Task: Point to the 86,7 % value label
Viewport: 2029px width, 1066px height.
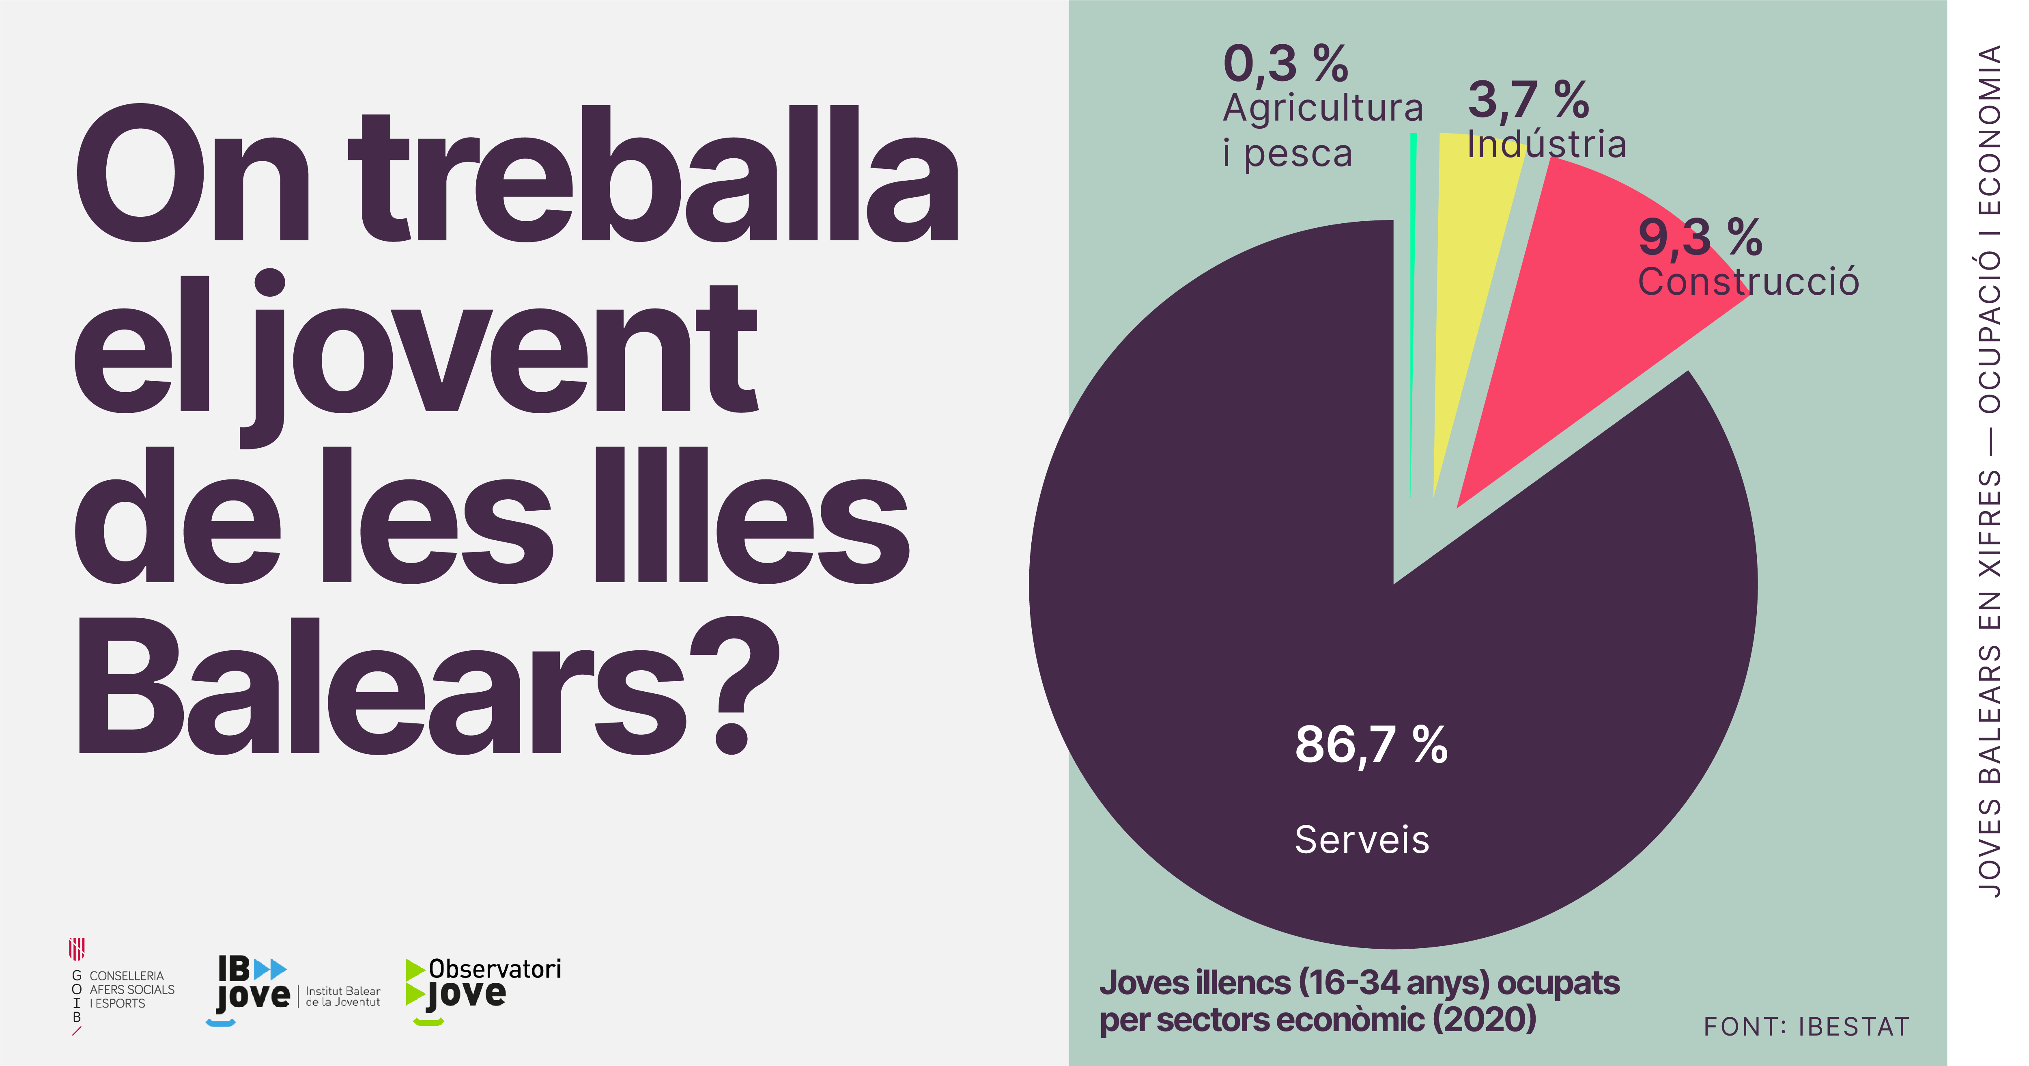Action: pyautogui.click(x=1371, y=744)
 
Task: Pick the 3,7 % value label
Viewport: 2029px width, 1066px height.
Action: pyautogui.click(x=1528, y=100)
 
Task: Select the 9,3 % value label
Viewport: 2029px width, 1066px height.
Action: pyautogui.click(x=1700, y=236)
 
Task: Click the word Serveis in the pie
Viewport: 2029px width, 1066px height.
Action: pyautogui.click(x=1362, y=839)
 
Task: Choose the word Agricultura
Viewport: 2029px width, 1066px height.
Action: pyautogui.click(x=1323, y=108)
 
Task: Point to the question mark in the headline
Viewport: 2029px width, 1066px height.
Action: pyautogui.click(x=734, y=686)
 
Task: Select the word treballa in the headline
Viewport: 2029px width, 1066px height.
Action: pyautogui.click(x=654, y=177)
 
